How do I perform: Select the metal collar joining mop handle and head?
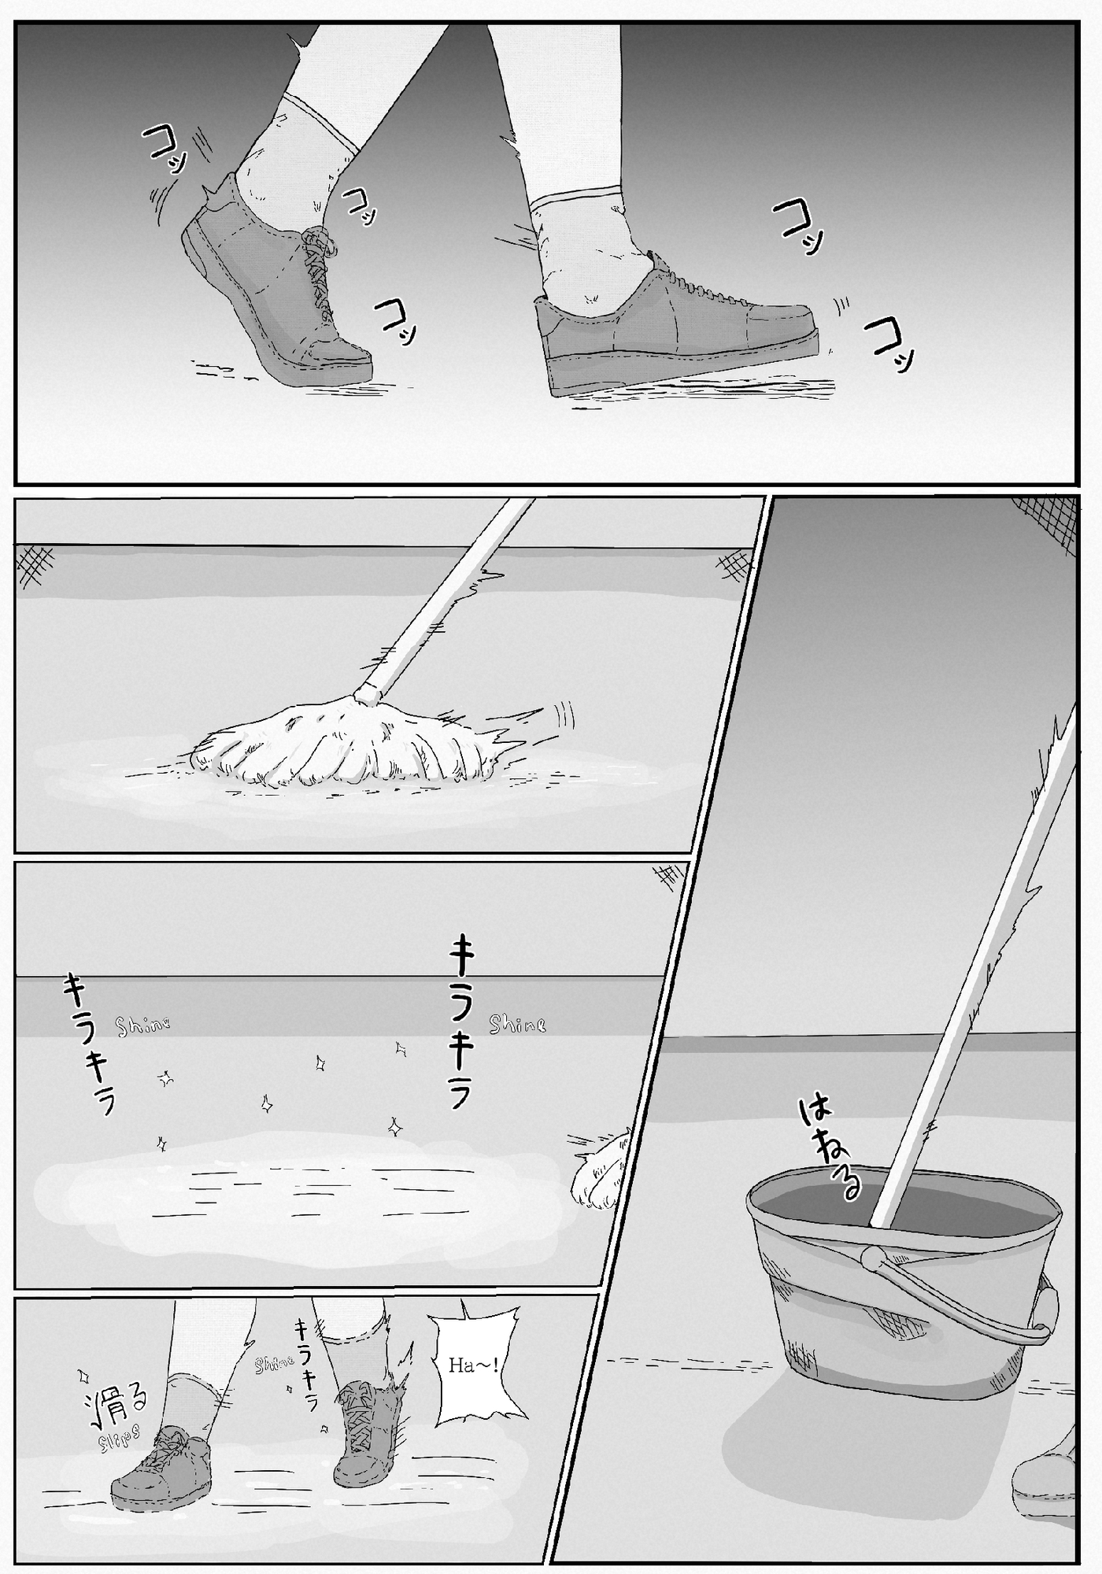click(368, 693)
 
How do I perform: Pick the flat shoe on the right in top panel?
click(677, 331)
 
